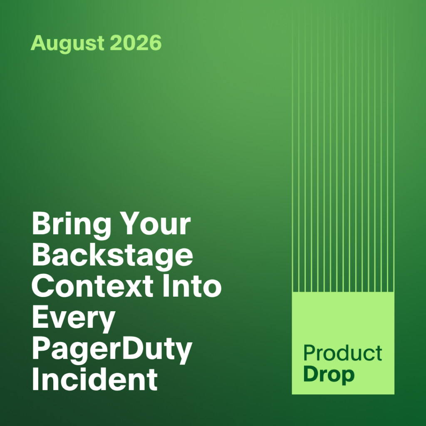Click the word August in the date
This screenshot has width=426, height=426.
(x=67, y=43)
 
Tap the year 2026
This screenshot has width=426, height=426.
(x=136, y=43)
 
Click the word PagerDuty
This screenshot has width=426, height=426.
(x=112, y=350)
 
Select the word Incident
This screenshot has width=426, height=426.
(x=95, y=379)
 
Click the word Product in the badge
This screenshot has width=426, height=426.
(x=343, y=353)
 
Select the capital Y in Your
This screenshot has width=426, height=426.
(x=129, y=223)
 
